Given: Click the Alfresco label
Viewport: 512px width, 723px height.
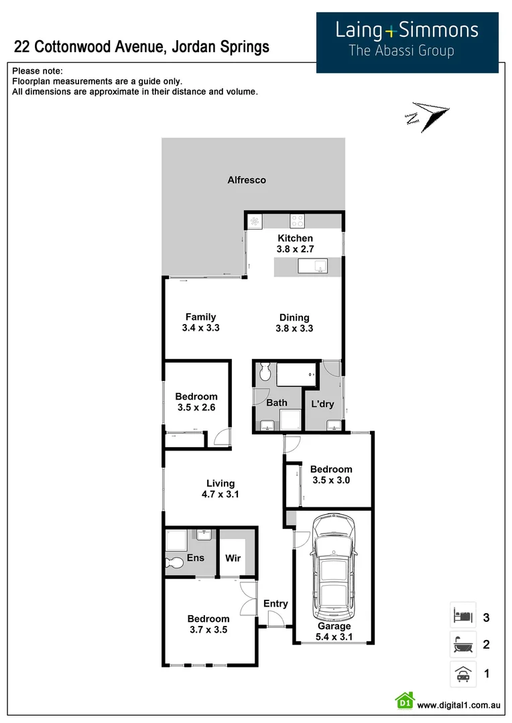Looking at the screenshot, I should pos(247,180).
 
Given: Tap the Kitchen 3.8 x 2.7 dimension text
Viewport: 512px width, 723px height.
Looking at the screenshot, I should pos(295,249).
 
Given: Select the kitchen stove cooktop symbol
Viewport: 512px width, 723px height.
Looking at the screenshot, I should pos(298,220).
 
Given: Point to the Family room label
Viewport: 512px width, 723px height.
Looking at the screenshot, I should pos(200,317).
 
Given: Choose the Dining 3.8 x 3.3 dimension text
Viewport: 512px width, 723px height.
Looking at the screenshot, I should pos(294,329).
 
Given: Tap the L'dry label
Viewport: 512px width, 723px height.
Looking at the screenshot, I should pos(319,404).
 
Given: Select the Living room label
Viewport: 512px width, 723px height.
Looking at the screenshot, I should pos(220,483).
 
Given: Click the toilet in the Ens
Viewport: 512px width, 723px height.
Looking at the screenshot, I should pos(175,562).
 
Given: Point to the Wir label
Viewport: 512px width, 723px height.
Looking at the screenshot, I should pos(233,558).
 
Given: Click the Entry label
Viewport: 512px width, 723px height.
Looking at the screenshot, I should pos(275,604).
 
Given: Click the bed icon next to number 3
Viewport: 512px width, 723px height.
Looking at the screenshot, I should pos(462,615).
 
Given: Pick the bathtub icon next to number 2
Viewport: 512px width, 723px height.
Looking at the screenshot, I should pos(462,645).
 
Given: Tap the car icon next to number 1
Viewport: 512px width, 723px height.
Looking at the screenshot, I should pos(462,673).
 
